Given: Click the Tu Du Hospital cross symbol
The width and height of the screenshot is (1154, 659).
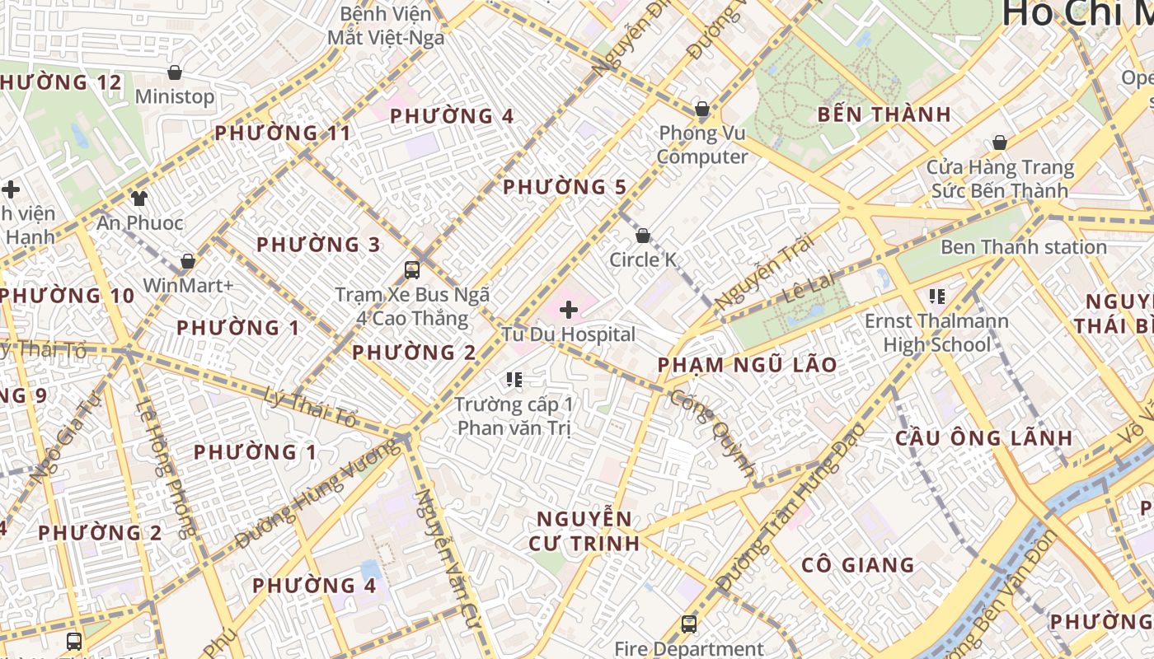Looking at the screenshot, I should pyautogui.click(x=568, y=310).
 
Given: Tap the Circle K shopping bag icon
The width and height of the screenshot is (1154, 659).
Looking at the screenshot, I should pyautogui.click(x=643, y=236).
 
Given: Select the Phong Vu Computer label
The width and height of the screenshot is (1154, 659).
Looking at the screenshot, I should pyautogui.click(x=702, y=145).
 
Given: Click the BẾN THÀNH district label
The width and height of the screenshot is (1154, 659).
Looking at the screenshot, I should pyautogui.click(x=884, y=115).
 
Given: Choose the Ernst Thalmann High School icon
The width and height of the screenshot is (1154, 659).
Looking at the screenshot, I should pyautogui.click(x=936, y=296).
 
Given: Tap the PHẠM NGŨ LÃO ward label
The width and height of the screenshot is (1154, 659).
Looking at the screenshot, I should pyautogui.click(x=747, y=364).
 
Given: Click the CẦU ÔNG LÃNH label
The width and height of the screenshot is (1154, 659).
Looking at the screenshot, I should pyautogui.click(x=984, y=437).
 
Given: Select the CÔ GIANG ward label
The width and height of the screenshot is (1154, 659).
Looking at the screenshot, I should pyautogui.click(x=857, y=565).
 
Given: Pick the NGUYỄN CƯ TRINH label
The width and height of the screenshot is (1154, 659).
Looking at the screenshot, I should pyautogui.click(x=587, y=530).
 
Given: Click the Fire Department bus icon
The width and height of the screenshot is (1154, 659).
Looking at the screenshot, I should pyautogui.click(x=689, y=624).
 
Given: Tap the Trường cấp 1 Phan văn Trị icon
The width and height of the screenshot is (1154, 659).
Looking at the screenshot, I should pyautogui.click(x=515, y=380).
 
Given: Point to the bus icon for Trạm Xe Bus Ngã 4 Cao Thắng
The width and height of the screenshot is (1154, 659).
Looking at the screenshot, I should pyautogui.click(x=412, y=269).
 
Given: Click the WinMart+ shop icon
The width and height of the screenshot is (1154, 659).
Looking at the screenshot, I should pyautogui.click(x=188, y=261).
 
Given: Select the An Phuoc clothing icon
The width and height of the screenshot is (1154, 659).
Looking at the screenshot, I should pyautogui.click(x=139, y=199).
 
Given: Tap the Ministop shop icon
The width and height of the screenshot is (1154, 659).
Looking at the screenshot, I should pyautogui.click(x=175, y=72).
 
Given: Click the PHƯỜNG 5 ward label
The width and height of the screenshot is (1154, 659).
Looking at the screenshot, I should pyautogui.click(x=565, y=187).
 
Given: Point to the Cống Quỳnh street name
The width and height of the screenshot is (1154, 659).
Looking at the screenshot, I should pyautogui.click(x=713, y=432).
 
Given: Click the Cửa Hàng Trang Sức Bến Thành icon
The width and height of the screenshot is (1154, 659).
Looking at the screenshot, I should pyautogui.click(x=1000, y=143).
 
